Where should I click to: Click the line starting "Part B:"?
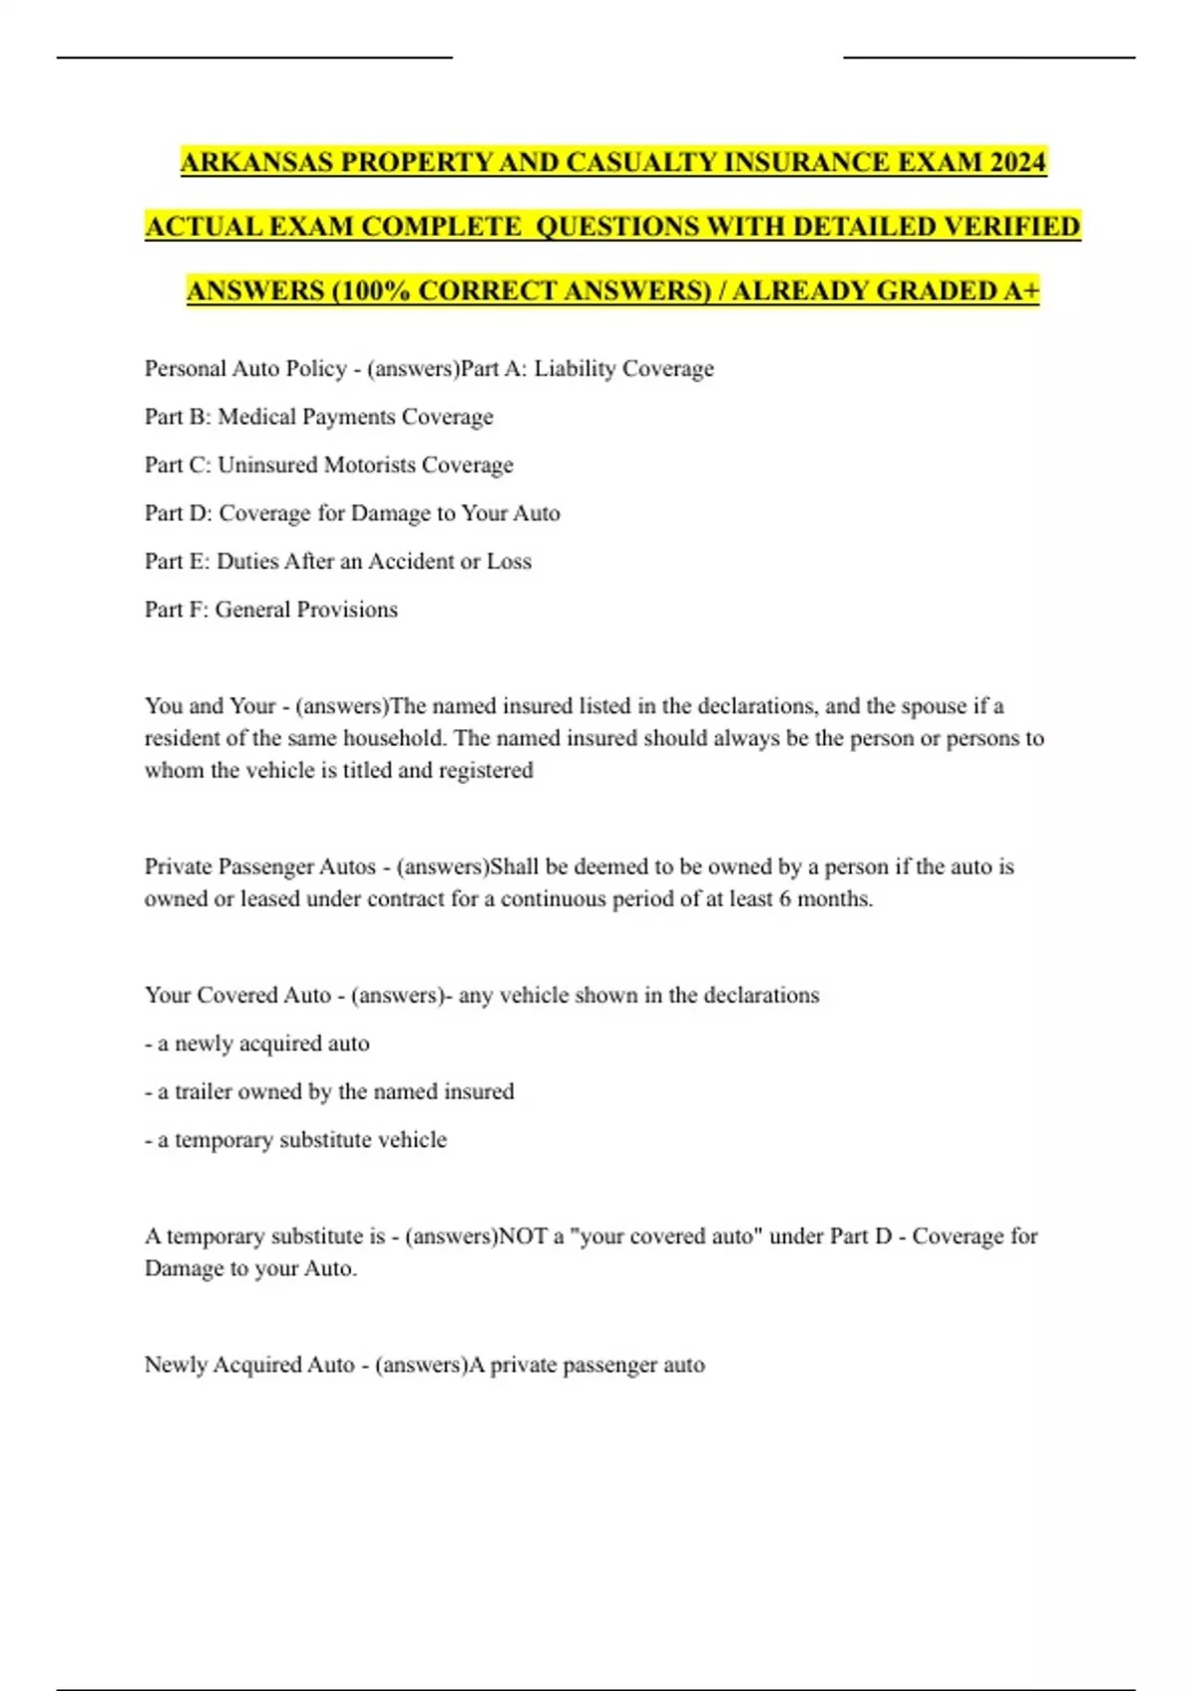point(318,417)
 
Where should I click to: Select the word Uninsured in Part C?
point(266,465)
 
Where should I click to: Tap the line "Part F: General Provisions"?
point(270,610)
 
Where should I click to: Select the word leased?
point(269,899)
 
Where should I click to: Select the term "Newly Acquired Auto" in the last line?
point(249,1365)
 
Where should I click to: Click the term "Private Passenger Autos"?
point(259,866)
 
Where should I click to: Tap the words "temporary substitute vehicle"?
point(310,1140)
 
